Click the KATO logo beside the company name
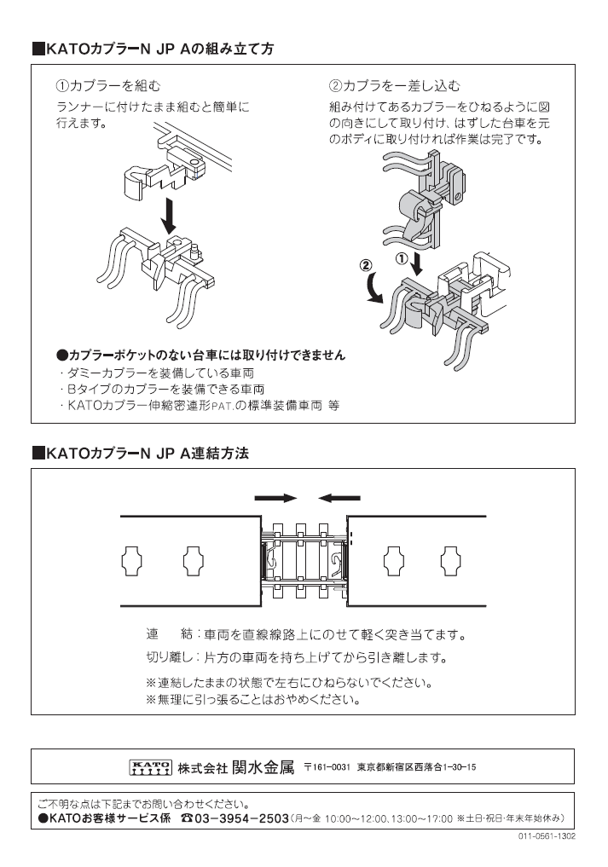click(150, 766)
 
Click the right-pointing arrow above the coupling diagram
click(275, 497)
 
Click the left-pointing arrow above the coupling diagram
click(338, 497)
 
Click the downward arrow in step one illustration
click(170, 216)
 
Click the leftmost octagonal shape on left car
click(133, 560)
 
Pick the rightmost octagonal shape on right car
click(451, 560)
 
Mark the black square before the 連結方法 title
click(38, 453)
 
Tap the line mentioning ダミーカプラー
click(157, 373)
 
